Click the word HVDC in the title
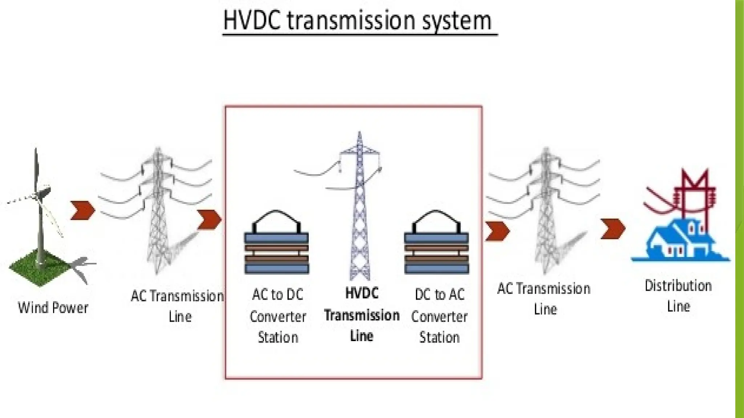(252, 21)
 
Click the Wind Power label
(53, 308)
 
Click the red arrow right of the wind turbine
(82, 210)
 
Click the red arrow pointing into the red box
(209, 220)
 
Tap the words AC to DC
(278, 294)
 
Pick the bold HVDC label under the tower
(362, 293)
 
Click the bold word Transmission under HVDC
(362, 315)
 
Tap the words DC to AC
(440, 294)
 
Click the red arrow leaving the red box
(497, 231)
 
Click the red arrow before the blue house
(613, 229)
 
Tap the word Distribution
(678, 286)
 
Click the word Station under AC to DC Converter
(278, 337)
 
